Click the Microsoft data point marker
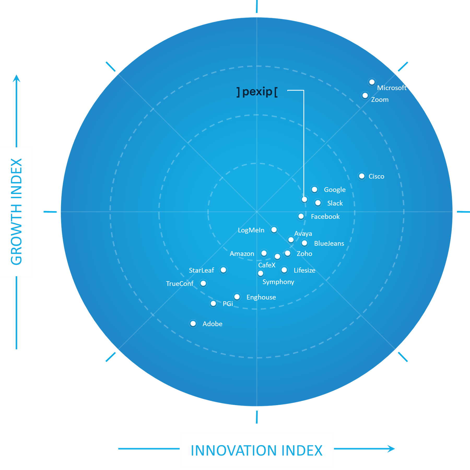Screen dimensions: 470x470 tap(372, 82)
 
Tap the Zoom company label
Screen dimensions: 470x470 tap(380, 100)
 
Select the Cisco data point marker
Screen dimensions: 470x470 tap(362, 176)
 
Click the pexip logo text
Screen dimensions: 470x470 tap(257, 92)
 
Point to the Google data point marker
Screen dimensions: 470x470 tap(314, 189)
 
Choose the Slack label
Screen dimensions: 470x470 tap(335, 203)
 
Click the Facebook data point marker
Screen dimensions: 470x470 tap(301, 216)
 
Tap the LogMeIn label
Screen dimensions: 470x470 tap(251, 230)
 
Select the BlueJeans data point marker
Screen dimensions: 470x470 tap(304, 243)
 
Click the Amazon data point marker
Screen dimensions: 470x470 tap(264, 253)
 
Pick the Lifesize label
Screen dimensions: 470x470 tap(304, 270)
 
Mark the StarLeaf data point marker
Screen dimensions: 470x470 tap(223, 270)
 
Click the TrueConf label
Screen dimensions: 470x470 tap(180, 284)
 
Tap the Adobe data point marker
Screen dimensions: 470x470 tap(193, 324)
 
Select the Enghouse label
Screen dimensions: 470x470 tap(261, 297)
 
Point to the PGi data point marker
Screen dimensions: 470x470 tap(213, 303)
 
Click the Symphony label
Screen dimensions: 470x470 tap(278, 282)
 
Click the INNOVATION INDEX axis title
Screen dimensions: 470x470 tap(257, 451)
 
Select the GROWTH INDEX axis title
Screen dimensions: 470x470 tap(16, 212)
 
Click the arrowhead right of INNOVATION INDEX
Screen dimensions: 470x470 tap(391, 449)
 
